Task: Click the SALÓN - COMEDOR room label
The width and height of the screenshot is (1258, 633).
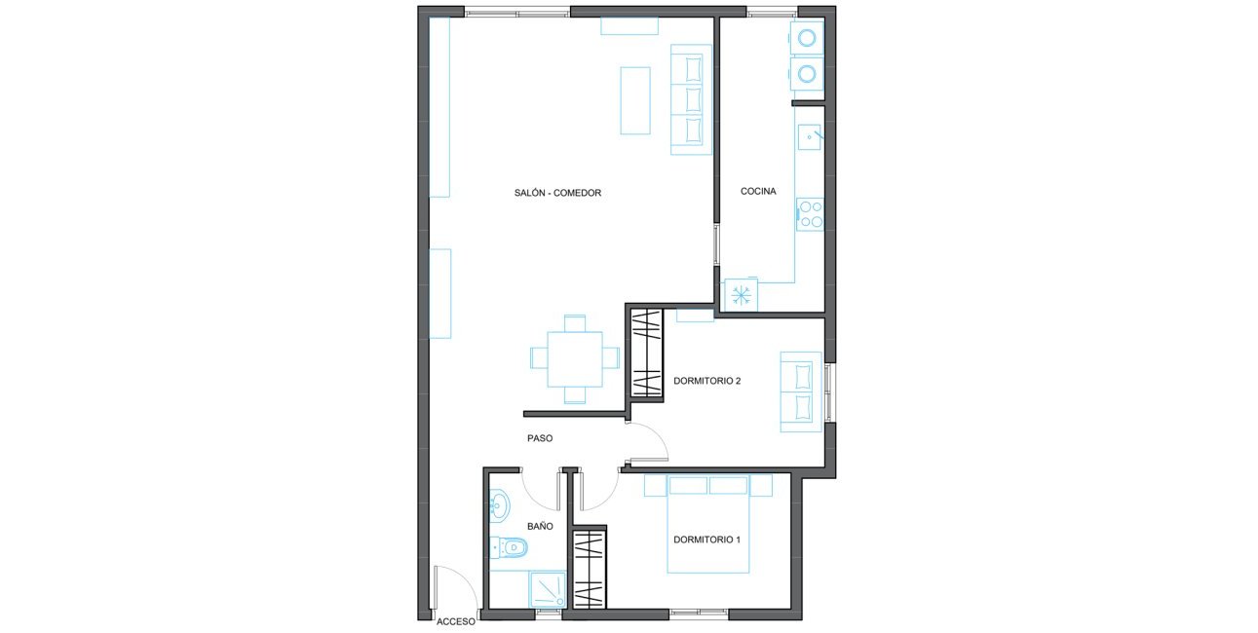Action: click(557, 193)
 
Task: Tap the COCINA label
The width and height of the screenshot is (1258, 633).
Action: click(758, 191)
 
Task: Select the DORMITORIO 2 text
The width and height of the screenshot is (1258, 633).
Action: click(707, 381)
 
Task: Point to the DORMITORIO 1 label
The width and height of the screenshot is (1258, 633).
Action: click(707, 540)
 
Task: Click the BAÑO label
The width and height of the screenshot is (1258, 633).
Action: click(540, 526)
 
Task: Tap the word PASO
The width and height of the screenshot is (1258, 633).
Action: click(540, 437)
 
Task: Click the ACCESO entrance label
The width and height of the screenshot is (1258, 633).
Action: click(455, 621)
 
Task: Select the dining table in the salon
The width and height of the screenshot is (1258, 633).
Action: click(575, 359)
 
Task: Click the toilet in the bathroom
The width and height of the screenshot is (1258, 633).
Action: click(509, 547)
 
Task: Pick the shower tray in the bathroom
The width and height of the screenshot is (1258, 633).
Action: click(548, 589)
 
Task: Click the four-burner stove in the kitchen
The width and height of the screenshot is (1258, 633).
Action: click(810, 214)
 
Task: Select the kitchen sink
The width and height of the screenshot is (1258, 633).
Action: click(810, 137)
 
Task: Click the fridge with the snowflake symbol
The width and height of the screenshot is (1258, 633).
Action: click(741, 295)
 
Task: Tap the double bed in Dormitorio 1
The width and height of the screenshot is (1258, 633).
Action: click(708, 524)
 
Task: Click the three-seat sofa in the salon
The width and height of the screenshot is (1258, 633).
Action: click(691, 100)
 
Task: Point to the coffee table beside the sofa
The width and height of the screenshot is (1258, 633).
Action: click(635, 100)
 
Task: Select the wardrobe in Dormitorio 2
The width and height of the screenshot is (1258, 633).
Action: click(646, 353)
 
